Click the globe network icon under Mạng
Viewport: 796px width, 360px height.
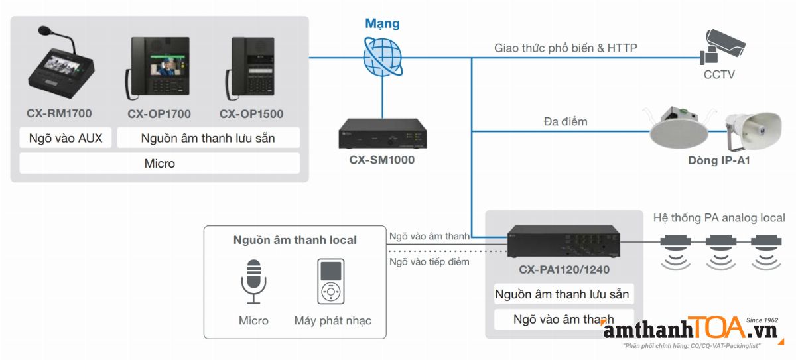(x=383, y=57)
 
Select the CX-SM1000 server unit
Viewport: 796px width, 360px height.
(x=382, y=136)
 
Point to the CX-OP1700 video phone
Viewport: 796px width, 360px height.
(x=158, y=69)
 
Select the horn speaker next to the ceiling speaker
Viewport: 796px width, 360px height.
(x=753, y=129)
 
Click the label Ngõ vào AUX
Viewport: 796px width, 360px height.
(x=66, y=139)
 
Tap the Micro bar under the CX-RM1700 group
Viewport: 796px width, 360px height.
(x=159, y=163)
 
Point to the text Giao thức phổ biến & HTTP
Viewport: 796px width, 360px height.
(x=566, y=48)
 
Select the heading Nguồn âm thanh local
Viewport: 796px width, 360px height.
(x=295, y=240)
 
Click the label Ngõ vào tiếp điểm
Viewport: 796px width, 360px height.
(x=429, y=261)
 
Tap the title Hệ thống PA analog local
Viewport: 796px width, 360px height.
(x=718, y=217)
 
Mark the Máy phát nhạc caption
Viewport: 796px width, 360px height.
(x=332, y=321)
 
